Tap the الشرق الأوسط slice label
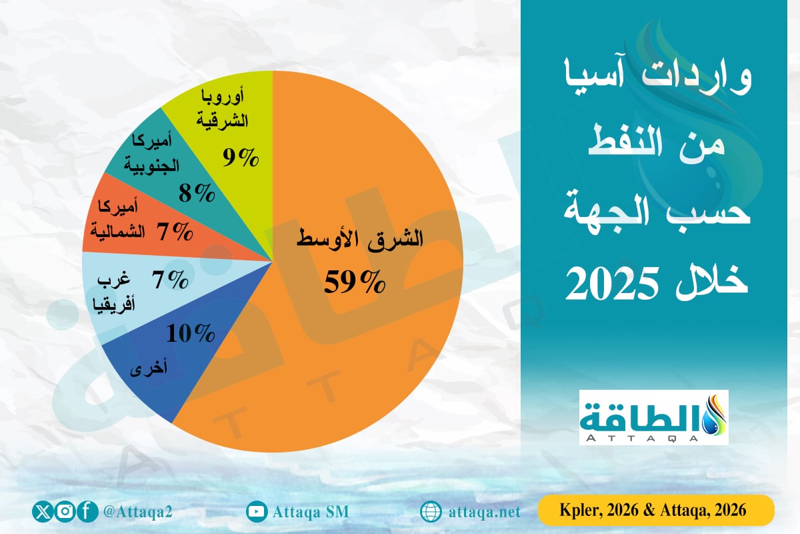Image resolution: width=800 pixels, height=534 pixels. click(360, 240)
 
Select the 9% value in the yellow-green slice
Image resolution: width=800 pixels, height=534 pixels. click(239, 158)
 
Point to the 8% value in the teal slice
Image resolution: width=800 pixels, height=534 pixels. click(197, 194)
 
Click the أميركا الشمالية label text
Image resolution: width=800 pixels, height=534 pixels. click(121, 220)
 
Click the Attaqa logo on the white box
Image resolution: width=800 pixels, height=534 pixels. click(653, 417)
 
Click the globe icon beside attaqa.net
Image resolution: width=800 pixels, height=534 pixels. click(431, 512)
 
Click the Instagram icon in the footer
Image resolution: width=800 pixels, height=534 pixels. click(65, 512)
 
